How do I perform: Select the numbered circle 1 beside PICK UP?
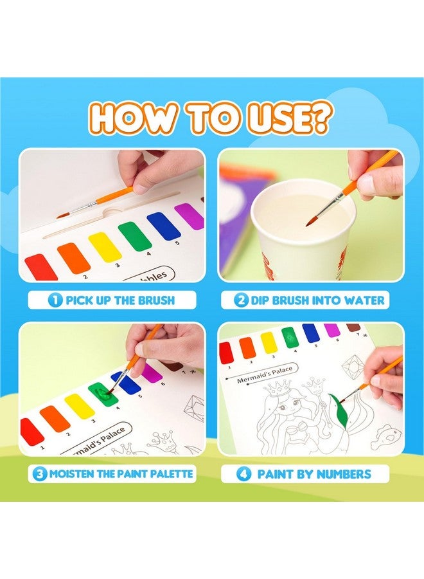55,300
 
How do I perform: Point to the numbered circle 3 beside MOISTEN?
40,474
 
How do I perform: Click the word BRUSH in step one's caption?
154,300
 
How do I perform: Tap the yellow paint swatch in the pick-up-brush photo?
105,246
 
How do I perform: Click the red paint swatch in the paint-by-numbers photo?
226,353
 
